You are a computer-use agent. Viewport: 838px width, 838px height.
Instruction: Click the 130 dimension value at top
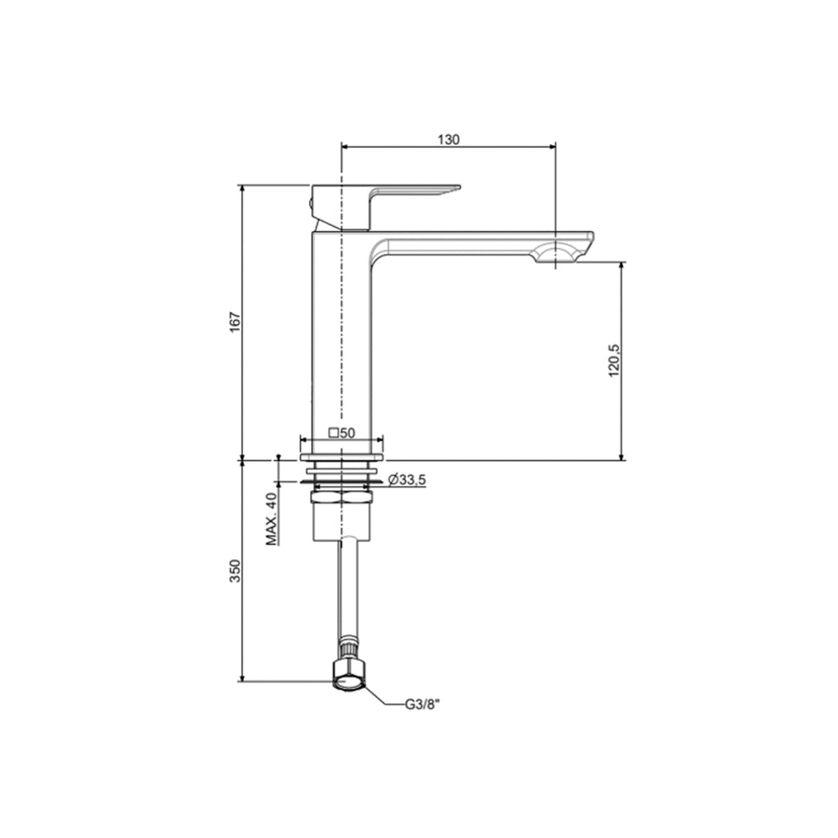(448, 139)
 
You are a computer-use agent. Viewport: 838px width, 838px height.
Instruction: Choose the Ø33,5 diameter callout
(407, 480)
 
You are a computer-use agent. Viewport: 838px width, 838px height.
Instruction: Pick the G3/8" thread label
(423, 703)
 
